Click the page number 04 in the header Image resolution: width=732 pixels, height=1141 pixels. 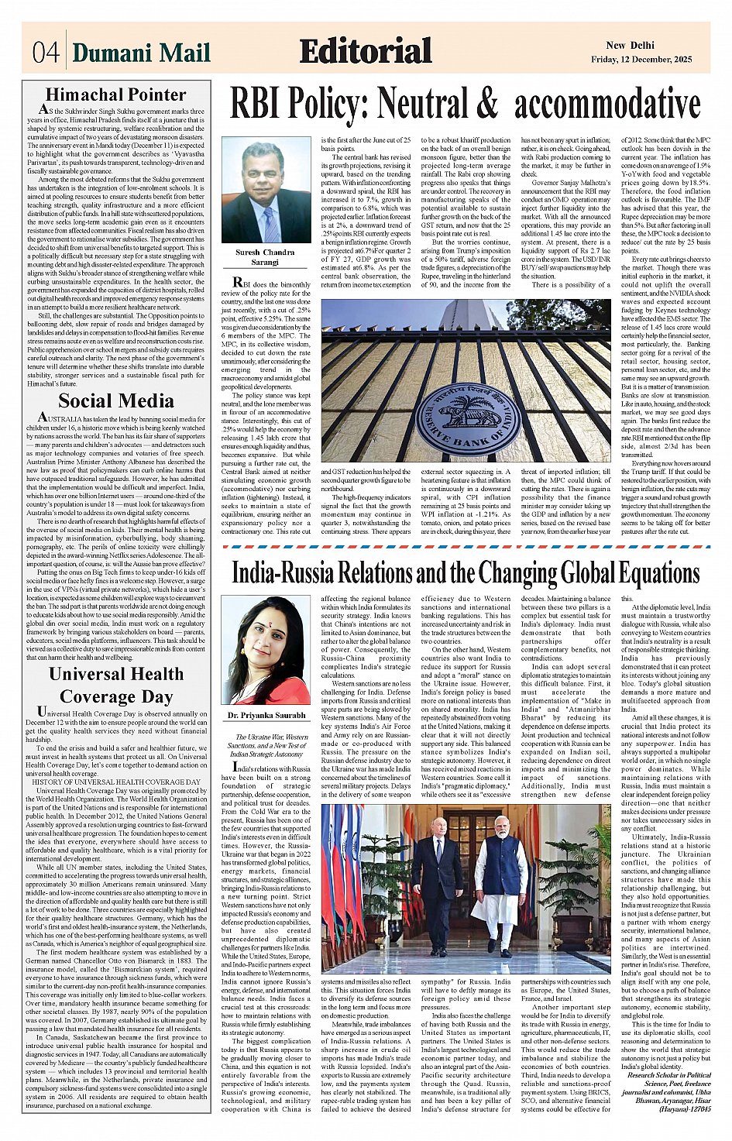46,53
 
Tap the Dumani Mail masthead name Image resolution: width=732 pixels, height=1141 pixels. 142,53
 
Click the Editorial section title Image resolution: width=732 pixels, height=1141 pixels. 365,51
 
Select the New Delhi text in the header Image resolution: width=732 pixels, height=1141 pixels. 627,45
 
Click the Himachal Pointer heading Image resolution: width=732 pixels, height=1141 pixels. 116,95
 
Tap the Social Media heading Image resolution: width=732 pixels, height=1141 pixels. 116,400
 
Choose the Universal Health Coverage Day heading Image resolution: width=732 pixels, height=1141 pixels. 116,684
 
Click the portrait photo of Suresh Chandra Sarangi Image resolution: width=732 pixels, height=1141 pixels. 266,191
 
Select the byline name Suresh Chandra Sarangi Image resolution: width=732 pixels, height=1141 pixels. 266,257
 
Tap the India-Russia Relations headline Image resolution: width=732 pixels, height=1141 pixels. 466,572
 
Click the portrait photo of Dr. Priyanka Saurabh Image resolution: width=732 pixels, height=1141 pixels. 266,650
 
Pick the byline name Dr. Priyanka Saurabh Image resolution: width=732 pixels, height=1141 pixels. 266,715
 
